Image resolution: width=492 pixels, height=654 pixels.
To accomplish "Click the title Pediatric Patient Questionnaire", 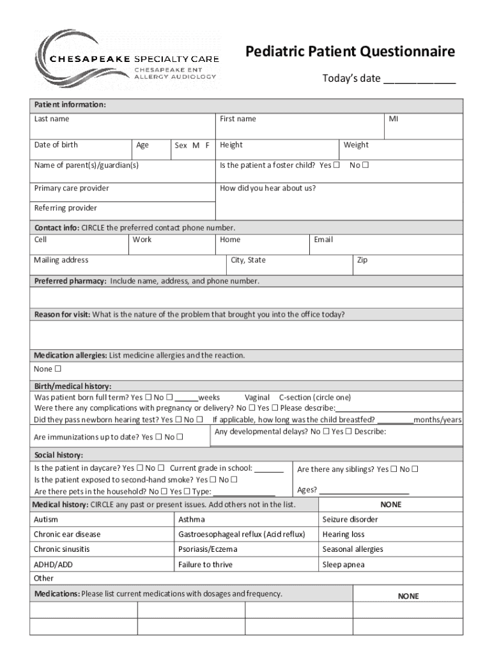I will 351,51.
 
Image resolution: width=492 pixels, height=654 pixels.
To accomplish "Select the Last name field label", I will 52,119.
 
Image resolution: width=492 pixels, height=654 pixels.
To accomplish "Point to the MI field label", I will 394,119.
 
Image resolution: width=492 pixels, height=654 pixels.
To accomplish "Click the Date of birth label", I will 56,145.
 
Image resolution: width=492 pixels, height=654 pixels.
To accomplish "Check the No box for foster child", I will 366,165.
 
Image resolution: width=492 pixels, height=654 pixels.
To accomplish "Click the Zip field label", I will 362,261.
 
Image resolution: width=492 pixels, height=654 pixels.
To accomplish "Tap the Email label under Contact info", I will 323,240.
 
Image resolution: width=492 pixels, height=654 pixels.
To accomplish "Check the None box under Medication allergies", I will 58,369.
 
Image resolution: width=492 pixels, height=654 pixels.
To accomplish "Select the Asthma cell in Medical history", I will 192,520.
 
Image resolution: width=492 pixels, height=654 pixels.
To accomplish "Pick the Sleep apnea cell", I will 344,565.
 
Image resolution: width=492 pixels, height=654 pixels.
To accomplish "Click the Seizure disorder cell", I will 350,520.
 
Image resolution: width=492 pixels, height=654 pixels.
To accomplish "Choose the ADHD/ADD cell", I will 53,565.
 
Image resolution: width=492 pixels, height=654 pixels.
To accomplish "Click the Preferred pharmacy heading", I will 70,281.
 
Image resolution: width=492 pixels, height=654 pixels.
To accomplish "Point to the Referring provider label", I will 65,208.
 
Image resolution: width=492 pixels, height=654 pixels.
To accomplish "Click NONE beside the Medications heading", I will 408,596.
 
